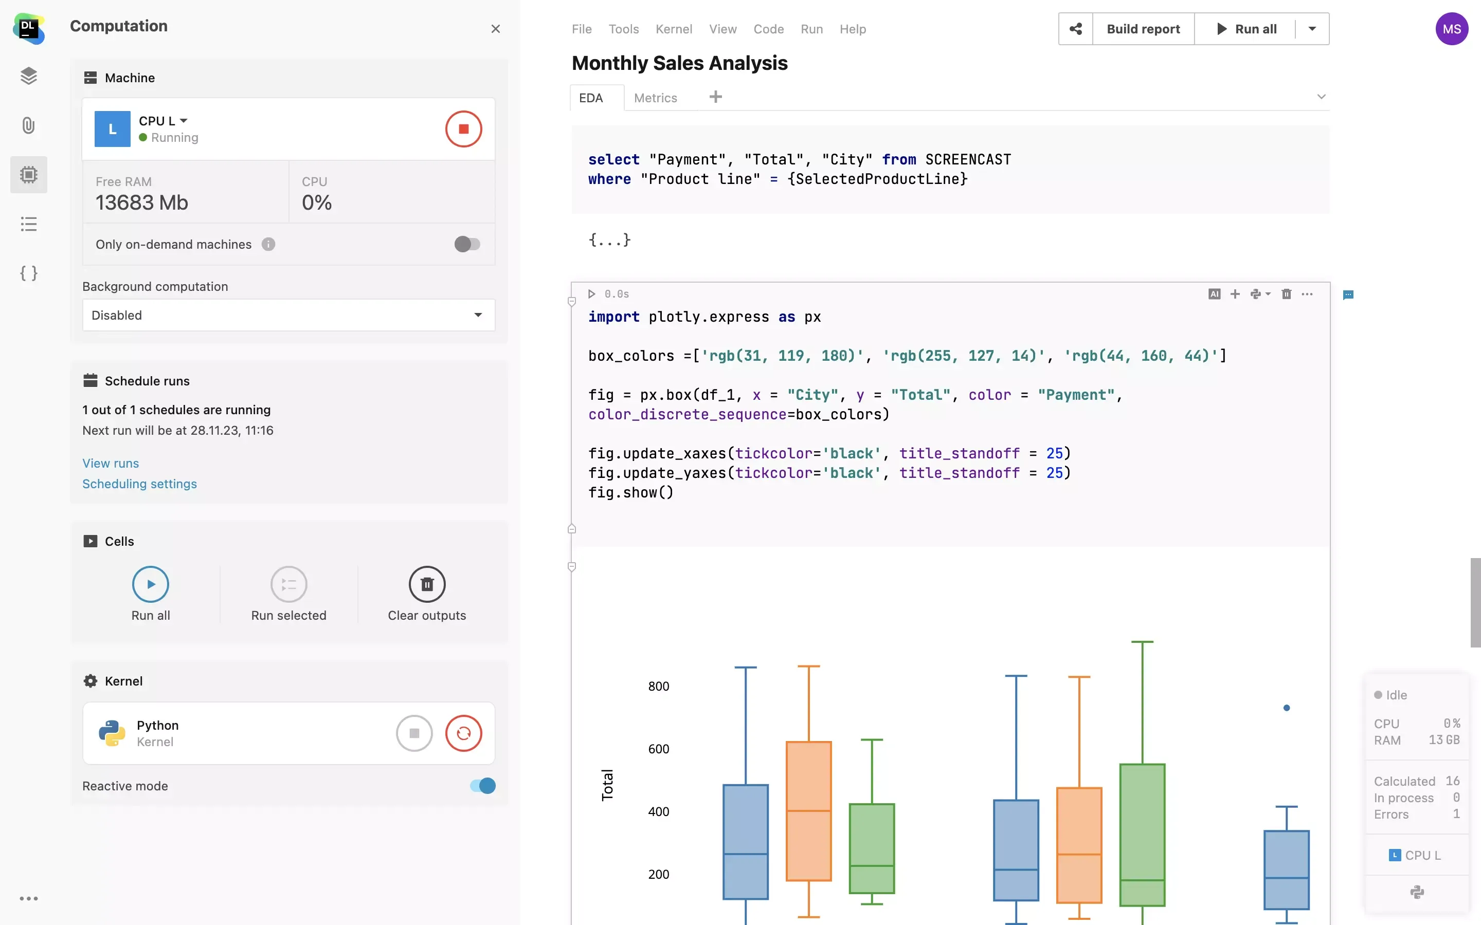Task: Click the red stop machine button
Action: (463, 129)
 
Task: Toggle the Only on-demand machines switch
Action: (467, 244)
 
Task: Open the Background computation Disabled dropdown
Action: (288, 315)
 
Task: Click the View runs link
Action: (111, 463)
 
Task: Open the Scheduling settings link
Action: (139, 484)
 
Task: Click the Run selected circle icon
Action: (288, 584)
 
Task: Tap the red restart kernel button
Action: (463, 733)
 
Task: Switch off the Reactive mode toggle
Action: (483, 786)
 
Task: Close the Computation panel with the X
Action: (496, 29)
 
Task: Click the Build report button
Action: (1143, 29)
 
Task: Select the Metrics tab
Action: (656, 98)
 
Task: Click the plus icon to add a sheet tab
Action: (715, 97)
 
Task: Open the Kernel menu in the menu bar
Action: (673, 29)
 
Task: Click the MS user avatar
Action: (1451, 29)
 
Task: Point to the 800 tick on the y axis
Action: (659, 687)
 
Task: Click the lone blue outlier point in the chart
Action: (1287, 708)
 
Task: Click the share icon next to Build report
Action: (1075, 29)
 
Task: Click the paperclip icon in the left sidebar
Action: (29, 125)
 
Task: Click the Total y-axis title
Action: (607, 785)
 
